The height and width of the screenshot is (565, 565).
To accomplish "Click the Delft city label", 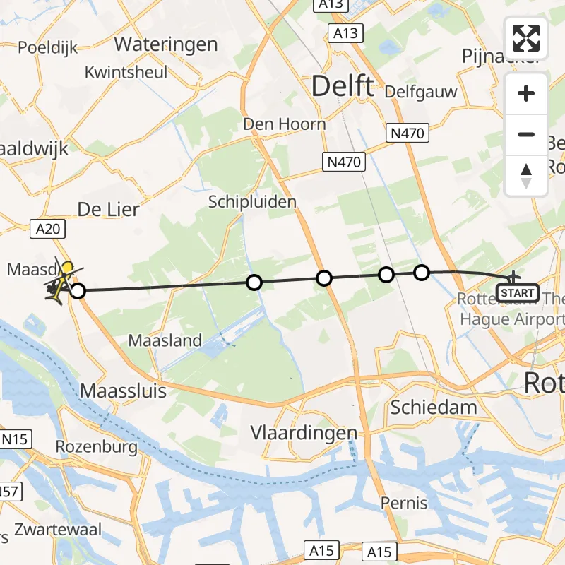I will point(343,87).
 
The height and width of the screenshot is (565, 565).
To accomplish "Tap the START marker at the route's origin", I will point(518,292).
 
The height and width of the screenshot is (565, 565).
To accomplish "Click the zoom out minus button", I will point(526,135).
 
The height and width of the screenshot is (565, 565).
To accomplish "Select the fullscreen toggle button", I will point(526,38).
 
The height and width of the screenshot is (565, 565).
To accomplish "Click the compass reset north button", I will point(526,176).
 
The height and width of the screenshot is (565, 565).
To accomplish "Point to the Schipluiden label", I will point(252,202).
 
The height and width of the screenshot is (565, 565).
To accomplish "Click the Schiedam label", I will point(434,408).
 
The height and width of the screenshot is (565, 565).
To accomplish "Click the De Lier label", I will point(108,210).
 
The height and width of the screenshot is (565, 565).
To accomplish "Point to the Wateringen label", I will point(166,44).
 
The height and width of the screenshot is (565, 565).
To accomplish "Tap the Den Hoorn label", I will point(284,124).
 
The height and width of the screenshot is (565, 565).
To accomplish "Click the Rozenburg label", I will point(96,447).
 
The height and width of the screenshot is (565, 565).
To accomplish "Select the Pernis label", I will point(404,503).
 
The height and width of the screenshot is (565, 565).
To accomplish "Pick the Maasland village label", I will point(165,340).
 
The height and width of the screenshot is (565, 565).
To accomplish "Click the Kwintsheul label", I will point(126,72).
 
